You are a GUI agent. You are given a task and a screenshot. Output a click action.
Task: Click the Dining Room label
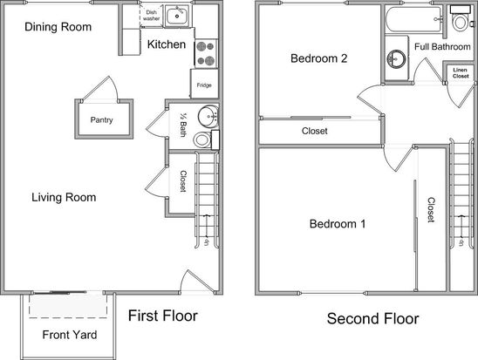coord(58,27)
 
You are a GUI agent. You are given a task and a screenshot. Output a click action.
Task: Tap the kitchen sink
coord(177,16)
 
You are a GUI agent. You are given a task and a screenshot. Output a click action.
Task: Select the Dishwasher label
coord(152,15)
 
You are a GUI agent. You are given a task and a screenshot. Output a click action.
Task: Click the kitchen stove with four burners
coord(206,53)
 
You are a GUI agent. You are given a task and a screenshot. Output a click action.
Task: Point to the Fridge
coord(204,84)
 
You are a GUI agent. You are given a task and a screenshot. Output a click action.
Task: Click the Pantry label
coord(101,120)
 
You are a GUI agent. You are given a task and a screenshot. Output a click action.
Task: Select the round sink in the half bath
coord(208,116)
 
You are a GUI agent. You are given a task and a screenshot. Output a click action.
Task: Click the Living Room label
coord(64,197)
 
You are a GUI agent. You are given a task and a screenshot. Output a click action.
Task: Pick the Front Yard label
coord(70,335)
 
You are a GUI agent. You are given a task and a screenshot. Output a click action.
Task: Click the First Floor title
coord(163,316)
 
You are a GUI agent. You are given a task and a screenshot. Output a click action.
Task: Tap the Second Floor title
coord(372,318)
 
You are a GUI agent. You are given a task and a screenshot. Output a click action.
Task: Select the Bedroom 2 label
coord(319,58)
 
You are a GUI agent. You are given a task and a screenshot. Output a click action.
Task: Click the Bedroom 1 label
coord(338,224)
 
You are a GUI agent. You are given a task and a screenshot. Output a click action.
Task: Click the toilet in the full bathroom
coord(461,18)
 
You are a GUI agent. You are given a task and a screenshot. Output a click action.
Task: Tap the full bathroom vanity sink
coord(396,58)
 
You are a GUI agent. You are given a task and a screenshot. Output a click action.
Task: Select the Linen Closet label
coord(461,73)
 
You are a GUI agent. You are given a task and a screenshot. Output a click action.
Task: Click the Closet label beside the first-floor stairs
coord(183,181)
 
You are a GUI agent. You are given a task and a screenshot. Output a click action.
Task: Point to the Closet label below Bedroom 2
coord(315,131)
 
